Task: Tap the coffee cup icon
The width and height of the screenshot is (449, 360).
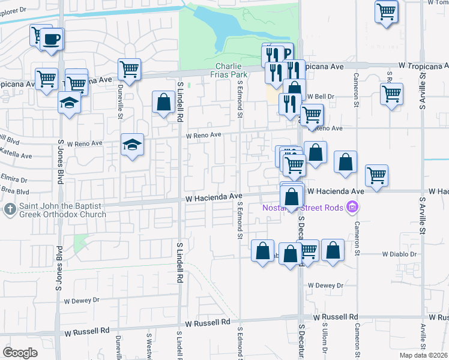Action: pyautogui.click(x=52, y=40)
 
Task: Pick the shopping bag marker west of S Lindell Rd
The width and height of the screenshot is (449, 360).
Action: pyautogui.click(x=163, y=103)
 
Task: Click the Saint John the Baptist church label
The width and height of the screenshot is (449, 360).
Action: pyautogui.click(x=61, y=209)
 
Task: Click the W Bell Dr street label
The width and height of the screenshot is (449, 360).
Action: pyautogui.click(x=321, y=96)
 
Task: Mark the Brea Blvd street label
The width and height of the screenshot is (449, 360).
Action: pyautogui.click(x=14, y=191)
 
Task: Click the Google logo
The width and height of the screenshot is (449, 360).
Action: pyautogui.click(x=20, y=353)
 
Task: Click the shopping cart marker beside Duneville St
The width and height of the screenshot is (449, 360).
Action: pyautogui.click(x=130, y=70)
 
